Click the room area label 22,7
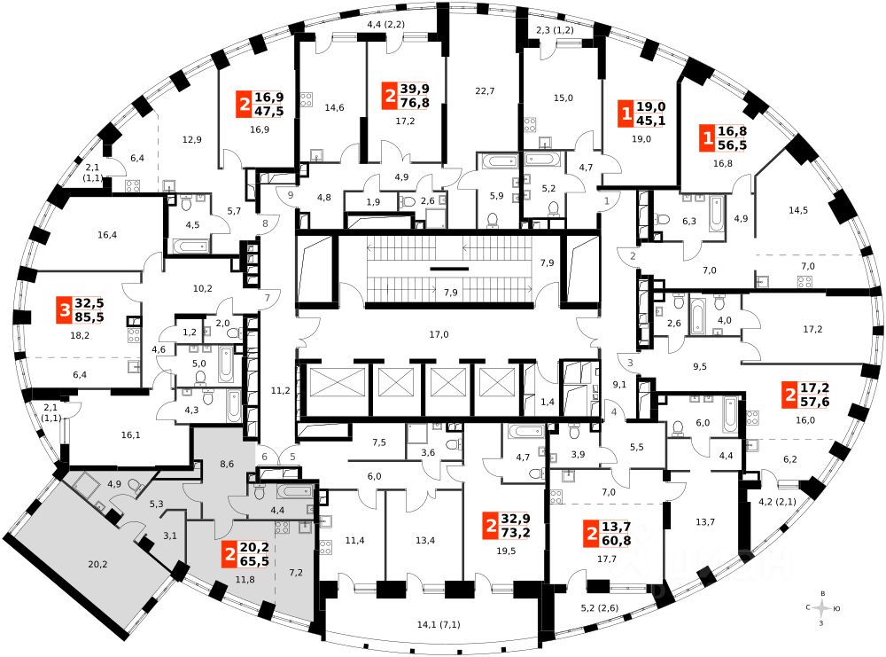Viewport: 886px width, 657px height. pyautogui.click(x=484, y=90)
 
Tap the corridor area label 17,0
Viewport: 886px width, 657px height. pyautogui.click(x=438, y=334)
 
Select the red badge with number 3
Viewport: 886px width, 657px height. pyautogui.click(x=63, y=310)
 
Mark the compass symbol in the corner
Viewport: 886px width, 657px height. pyautogui.click(x=824, y=608)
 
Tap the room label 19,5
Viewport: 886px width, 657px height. pyautogui.click(x=505, y=550)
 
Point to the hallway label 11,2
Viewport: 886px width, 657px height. pyautogui.click(x=281, y=389)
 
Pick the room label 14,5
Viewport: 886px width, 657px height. pyautogui.click(x=798, y=210)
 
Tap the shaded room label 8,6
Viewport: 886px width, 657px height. pyautogui.click(x=226, y=464)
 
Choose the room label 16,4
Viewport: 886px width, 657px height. pyautogui.click(x=107, y=235)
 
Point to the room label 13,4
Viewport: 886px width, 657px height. pyautogui.click(x=425, y=541)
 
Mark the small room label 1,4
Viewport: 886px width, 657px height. pyautogui.click(x=547, y=403)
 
